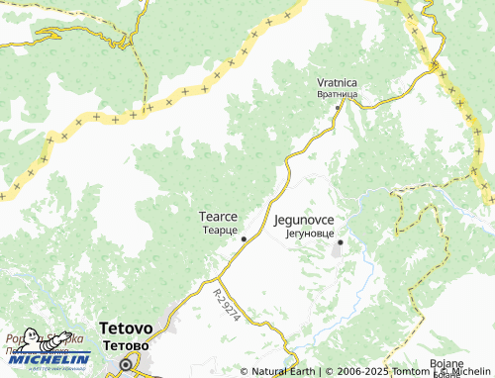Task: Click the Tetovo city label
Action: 126,329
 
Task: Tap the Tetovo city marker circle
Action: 126,364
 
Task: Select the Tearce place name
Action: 217,215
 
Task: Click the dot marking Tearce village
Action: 244,238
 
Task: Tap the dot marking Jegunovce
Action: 340,241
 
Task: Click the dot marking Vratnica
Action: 338,107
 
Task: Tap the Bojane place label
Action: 447,364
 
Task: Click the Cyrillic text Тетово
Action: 126,346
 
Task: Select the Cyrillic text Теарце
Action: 217,229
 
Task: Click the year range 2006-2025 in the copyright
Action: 355,372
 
